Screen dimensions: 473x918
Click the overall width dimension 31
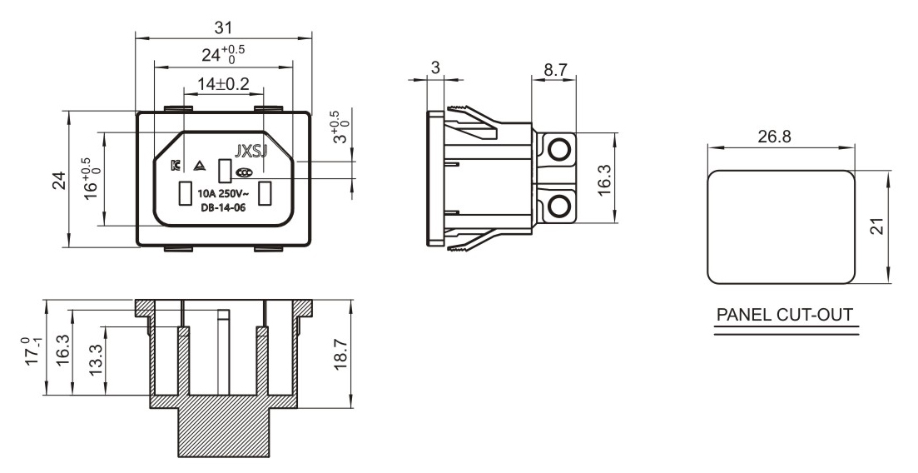coord(223,27)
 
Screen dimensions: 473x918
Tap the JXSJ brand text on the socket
coord(251,152)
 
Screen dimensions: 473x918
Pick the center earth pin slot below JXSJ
coord(223,171)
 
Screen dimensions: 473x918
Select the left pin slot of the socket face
coord(182,193)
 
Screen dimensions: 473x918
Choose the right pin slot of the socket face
coord(265,193)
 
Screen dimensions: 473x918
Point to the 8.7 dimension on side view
coord(554,70)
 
